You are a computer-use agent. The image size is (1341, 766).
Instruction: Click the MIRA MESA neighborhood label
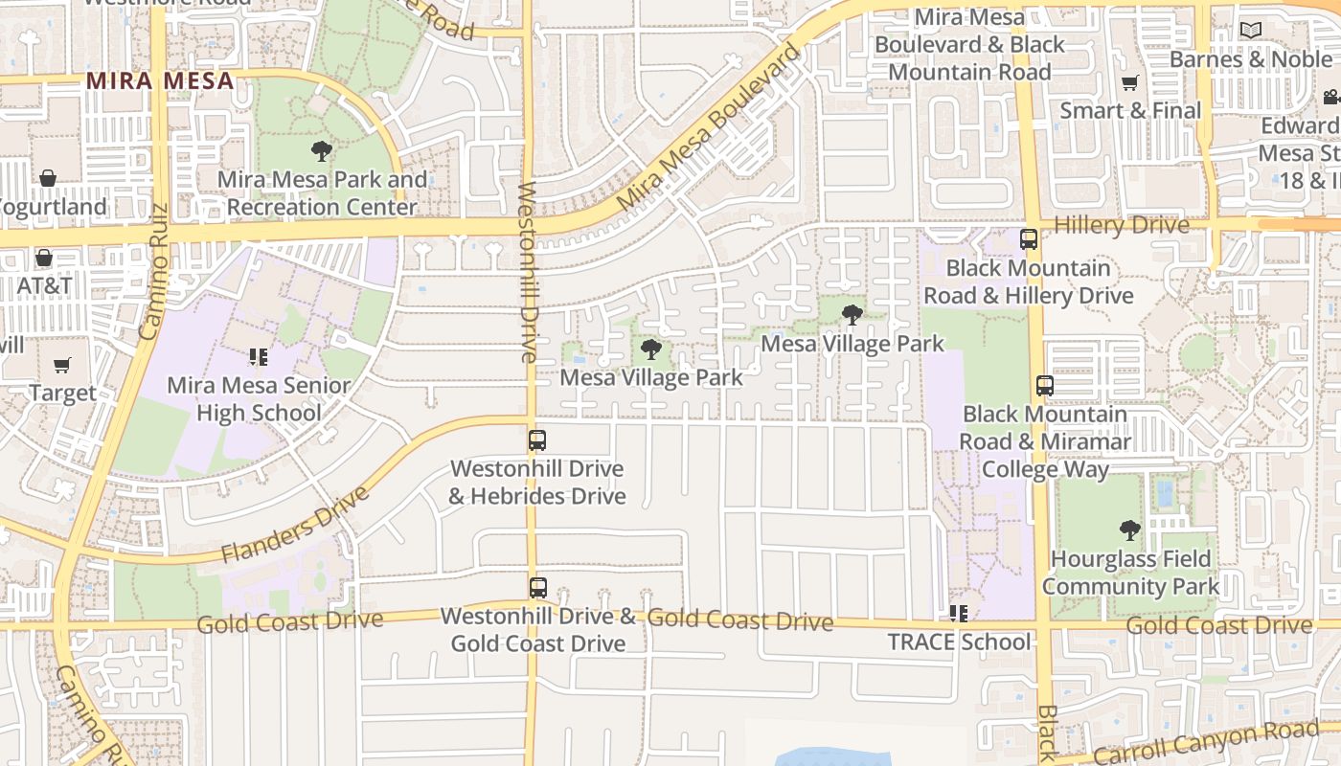160,80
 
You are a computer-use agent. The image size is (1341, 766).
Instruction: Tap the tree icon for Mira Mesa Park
322,150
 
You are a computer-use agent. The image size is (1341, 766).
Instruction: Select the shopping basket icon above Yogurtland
47,178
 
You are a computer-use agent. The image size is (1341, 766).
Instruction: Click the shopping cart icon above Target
62,365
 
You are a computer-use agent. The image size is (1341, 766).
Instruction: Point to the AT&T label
44,285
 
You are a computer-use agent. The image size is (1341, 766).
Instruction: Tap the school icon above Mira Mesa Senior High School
258,357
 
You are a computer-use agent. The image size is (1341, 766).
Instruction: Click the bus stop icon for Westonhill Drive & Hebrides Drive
537,440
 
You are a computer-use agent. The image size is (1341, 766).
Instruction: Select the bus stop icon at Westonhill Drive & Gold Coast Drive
538,588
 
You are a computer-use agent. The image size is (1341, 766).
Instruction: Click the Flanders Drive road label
295,525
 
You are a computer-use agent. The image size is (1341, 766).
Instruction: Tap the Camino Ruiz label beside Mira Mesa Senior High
153,271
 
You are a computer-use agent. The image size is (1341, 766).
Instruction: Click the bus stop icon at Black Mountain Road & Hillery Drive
1029,239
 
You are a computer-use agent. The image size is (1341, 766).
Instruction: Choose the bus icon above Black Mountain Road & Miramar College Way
1045,386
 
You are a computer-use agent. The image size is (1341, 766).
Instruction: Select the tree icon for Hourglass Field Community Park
1130,529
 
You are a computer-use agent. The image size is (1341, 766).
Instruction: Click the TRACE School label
959,642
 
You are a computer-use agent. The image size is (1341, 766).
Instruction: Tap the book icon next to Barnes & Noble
1251,31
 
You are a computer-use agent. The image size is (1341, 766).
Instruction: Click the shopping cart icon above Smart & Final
1130,83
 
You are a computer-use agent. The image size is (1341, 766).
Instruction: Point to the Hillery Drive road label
1121,225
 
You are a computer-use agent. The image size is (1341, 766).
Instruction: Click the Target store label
62,393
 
